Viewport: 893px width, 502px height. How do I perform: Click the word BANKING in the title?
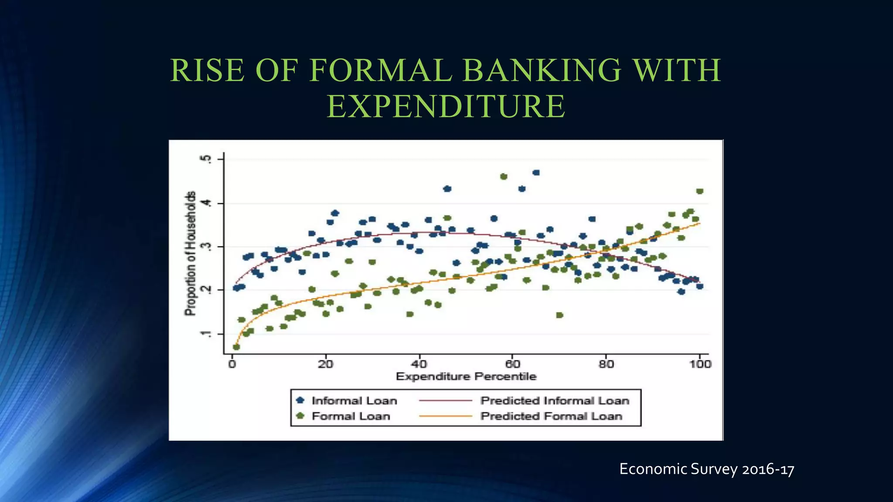[x=541, y=71]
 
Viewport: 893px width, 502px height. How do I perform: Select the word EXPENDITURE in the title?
[x=446, y=106]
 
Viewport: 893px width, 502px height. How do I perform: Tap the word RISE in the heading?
[x=207, y=71]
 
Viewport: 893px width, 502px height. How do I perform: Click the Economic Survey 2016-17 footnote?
[x=706, y=469]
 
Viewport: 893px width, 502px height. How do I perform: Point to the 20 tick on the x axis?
[x=325, y=364]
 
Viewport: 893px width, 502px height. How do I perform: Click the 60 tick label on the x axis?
[x=512, y=364]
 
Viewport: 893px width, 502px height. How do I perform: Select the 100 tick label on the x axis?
[x=700, y=364]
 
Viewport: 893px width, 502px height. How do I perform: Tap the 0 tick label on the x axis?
[x=232, y=364]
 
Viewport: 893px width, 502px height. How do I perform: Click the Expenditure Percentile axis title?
[x=466, y=376]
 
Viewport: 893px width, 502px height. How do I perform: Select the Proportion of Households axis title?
[x=190, y=253]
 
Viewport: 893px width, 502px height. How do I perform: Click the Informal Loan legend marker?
[x=300, y=400]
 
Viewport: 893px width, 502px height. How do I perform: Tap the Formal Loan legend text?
[x=351, y=416]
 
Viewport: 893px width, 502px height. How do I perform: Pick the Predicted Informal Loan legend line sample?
[x=445, y=400]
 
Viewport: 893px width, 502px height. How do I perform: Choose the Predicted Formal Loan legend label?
[x=551, y=416]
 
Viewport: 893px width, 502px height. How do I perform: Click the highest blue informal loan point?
[x=536, y=173]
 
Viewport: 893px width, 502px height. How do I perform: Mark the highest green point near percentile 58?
[x=504, y=176]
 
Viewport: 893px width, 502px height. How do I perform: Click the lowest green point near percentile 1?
[x=236, y=347]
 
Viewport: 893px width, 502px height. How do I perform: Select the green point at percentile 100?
[x=700, y=191]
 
